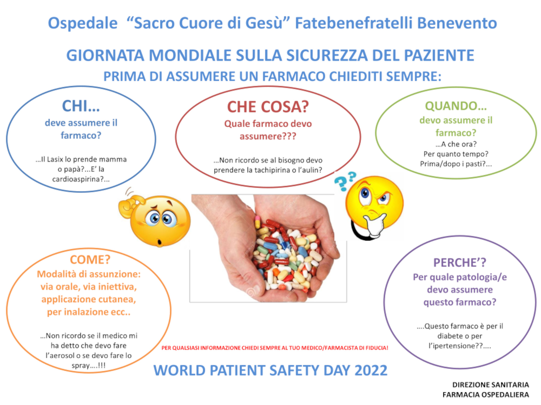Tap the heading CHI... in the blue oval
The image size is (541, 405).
81,106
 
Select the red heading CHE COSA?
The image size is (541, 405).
268,107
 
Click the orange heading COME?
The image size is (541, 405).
90,260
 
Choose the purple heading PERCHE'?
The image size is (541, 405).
460,262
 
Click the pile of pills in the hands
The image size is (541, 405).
287,256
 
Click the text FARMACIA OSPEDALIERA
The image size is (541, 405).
486,395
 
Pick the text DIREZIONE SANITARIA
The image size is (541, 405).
491,385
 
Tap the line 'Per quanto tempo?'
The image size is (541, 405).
456,154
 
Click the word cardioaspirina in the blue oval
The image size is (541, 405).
76,179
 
